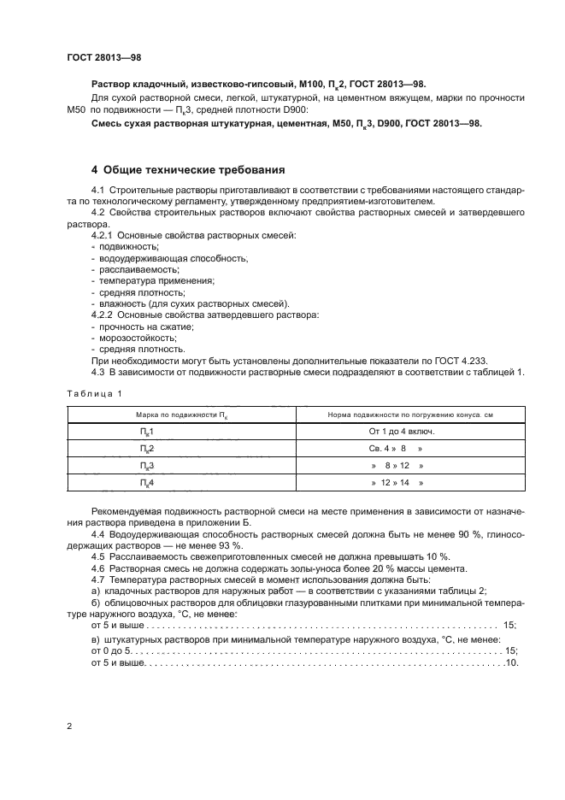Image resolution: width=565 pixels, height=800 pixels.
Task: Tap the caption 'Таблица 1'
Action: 94,393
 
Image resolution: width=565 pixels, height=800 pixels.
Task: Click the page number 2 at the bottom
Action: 69,726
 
